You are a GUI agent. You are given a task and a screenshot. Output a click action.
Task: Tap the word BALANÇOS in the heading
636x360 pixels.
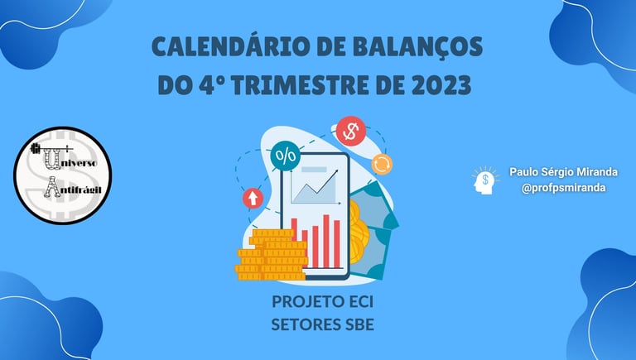(x=417, y=48)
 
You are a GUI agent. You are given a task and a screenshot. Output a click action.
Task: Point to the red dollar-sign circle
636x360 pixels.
(x=351, y=131)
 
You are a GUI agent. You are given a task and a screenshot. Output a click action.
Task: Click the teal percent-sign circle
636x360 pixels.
(x=286, y=156)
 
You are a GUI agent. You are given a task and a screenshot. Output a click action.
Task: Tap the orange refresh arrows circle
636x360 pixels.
(x=382, y=164)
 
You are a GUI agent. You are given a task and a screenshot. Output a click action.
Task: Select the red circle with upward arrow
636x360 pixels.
(x=253, y=199)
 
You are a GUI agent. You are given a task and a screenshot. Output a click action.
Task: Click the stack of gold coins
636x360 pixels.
(x=272, y=255)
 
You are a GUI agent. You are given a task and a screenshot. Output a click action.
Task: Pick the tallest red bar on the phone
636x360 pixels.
(x=326, y=241)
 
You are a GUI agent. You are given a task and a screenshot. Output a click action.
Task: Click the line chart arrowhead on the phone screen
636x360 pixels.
(x=335, y=172)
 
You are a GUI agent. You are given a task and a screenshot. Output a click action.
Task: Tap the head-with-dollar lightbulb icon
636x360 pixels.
(x=485, y=180)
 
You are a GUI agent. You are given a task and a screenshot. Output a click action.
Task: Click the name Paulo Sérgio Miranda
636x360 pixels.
(x=563, y=172)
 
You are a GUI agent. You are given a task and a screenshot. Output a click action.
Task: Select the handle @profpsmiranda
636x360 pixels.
(x=563, y=188)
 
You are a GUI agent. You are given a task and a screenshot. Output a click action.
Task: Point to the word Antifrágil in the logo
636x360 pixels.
(x=72, y=188)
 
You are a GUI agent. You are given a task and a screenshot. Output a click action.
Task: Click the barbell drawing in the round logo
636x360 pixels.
(x=51, y=148)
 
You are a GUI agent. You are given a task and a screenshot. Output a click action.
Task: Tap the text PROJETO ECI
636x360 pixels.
(x=322, y=302)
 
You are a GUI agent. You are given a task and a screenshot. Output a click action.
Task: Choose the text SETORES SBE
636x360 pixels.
(x=322, y=324)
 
